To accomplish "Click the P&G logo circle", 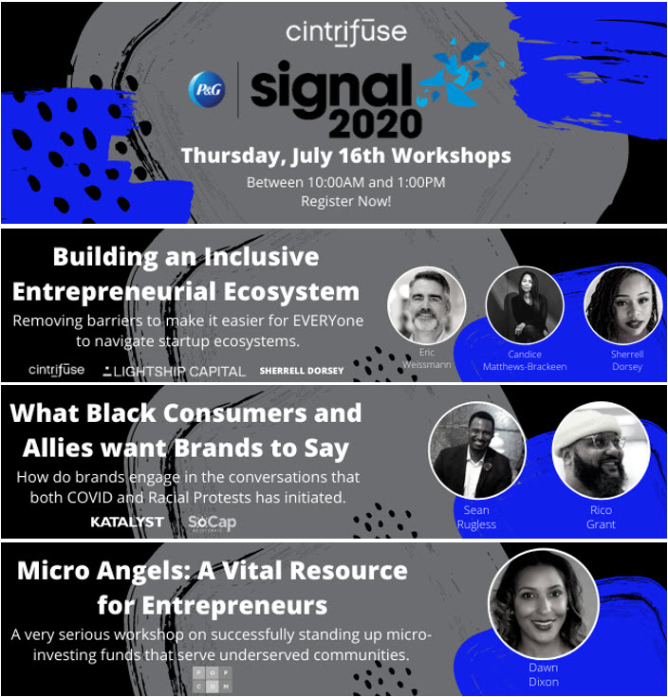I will [x=206, y=88].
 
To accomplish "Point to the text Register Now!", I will [x=345, y=201].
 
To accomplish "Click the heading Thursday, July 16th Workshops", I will [x=345, y=156].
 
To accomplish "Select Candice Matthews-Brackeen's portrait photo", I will [x=524, y=305].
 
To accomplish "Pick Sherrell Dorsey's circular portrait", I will [x=622, y=305].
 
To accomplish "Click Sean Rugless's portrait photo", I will [x=476, y=449].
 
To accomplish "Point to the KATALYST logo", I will [x=127, y=522].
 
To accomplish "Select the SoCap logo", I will [x=212, y=523].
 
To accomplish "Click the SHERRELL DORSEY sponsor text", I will [x=302, y=371].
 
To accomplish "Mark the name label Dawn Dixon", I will [x=544, y=674].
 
